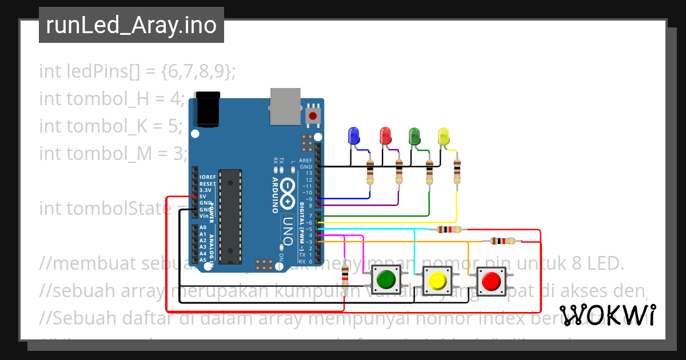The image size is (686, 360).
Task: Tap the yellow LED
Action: click(x=444, y=136)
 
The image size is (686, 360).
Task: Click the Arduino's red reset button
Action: click(x=312, y=116)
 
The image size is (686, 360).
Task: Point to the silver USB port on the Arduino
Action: click(x=285, y=106)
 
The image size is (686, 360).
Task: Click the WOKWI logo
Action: click(x=607, y=315)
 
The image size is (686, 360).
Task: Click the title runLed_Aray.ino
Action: click(x=131, y=26)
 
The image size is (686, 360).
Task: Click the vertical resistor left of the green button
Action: click(x=345, y=278)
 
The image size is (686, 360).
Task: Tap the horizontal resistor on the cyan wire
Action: click(x=449, y=230)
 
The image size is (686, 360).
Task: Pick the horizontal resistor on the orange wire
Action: click(x=502, y=241)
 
